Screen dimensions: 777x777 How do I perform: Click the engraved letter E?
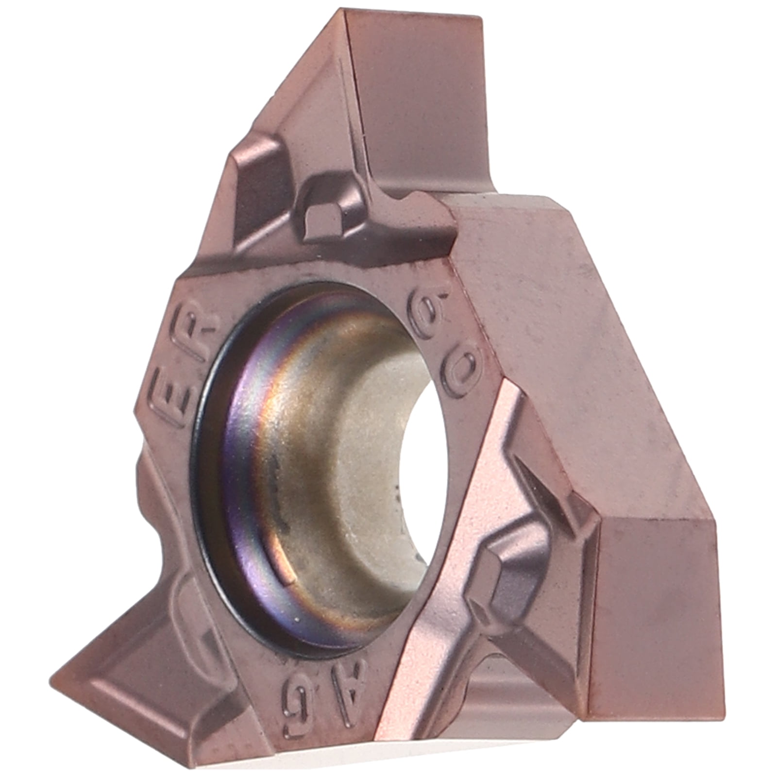[177, 398]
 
